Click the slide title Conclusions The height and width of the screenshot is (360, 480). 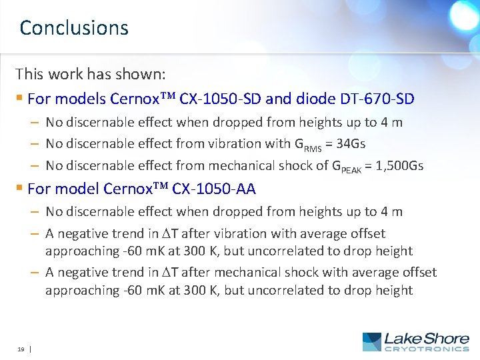point(74,28)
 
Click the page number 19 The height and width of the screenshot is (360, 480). point(21,348)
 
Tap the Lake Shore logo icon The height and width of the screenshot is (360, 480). point(372,342)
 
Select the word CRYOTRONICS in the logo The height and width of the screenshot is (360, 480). point(427,349)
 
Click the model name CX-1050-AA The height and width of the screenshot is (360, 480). point(214,189)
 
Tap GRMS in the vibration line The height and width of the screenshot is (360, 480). point(308,144)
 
